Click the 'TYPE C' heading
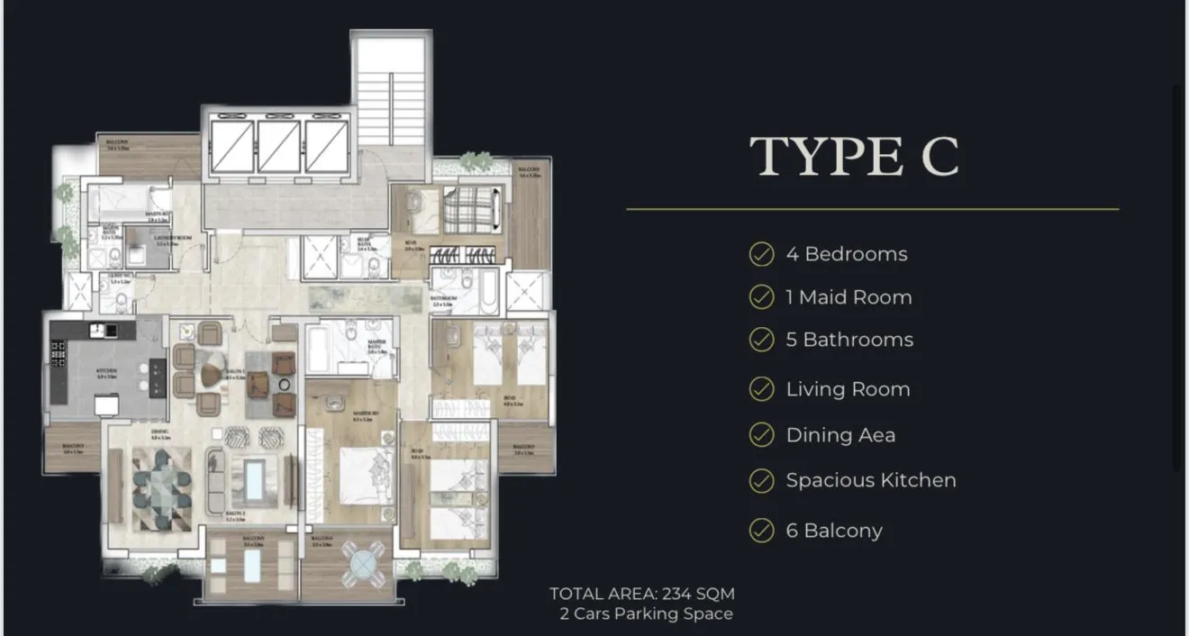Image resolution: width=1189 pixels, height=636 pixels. click(x=854, y=157)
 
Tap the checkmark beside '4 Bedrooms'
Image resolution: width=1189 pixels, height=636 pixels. click(x=761, y=254)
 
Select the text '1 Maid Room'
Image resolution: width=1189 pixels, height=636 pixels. click(x=849, y=297)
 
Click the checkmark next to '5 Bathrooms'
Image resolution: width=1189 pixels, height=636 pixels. click(x=761, y=340)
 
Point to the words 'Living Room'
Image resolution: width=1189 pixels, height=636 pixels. click(x=848, y=389)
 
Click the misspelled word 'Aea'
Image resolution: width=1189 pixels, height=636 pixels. click(x=877, y=435)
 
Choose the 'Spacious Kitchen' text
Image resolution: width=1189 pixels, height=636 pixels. click(x=870, y=480)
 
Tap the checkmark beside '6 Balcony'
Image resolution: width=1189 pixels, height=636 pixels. click(x=761, y=531)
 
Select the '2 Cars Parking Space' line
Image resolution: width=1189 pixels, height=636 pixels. click(x=646, y=614)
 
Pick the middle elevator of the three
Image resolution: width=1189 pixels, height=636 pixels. click(x=278, y=146)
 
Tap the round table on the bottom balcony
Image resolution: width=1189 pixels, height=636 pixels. click(x=363, y=565)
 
